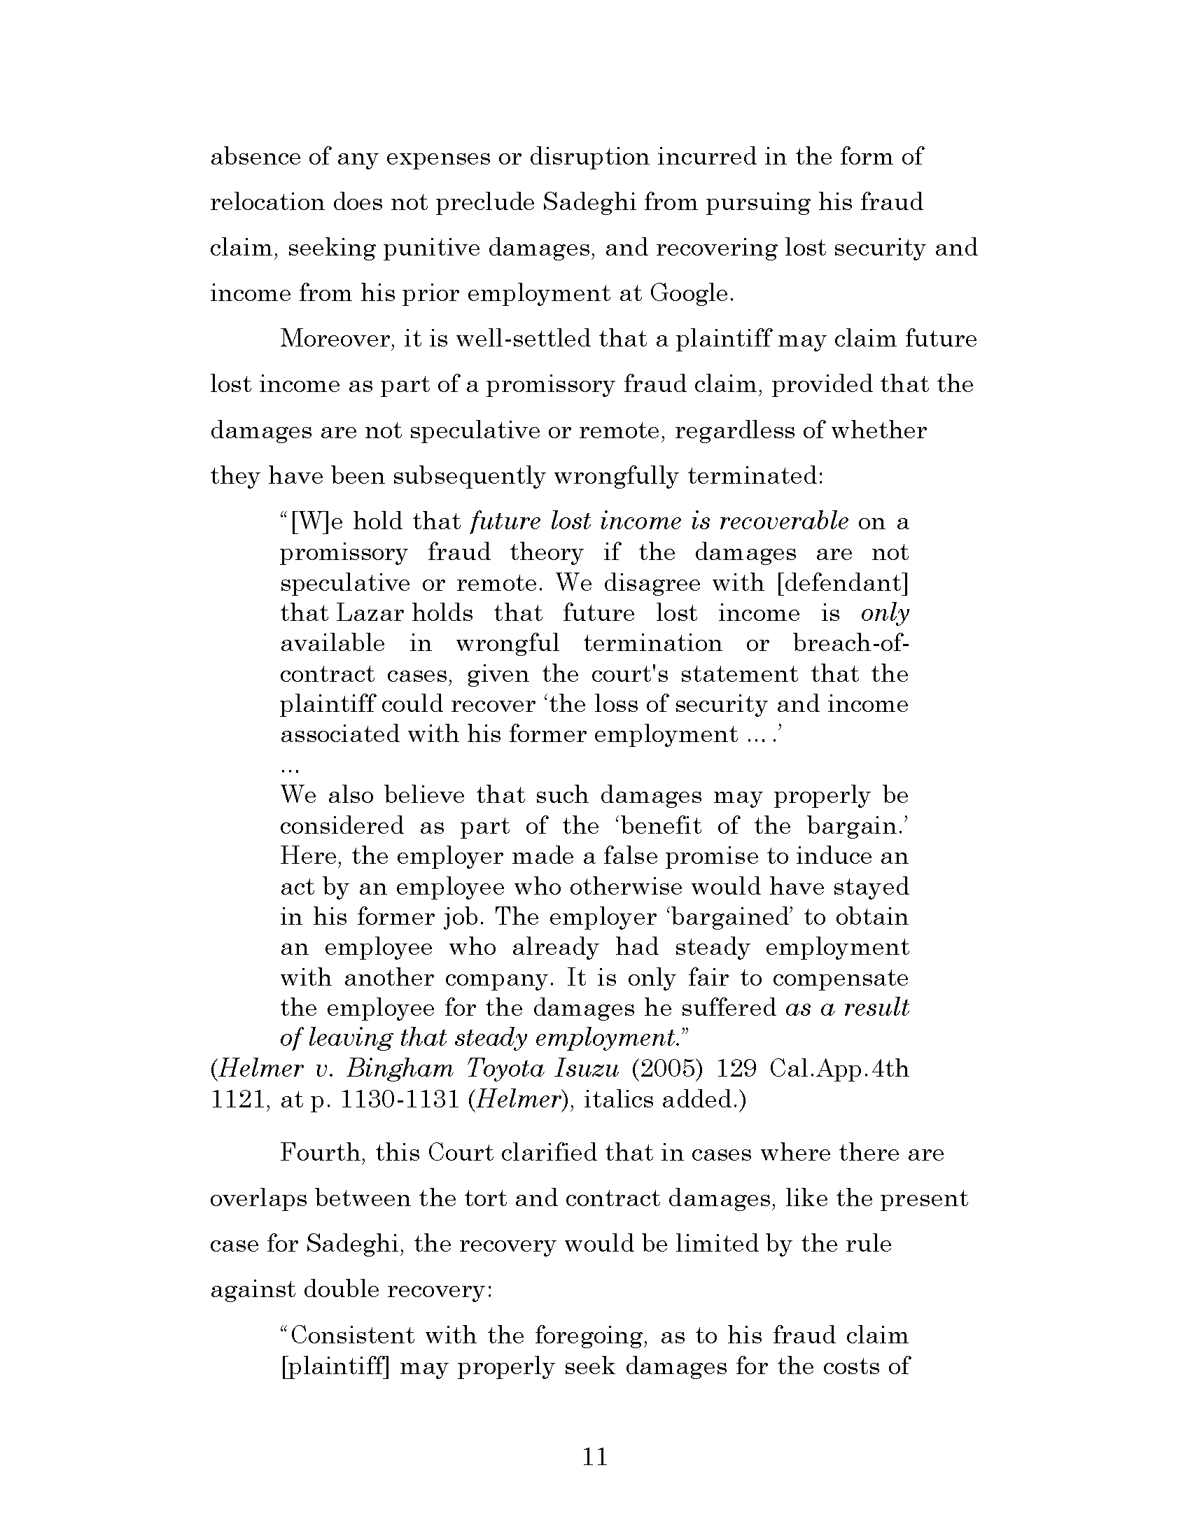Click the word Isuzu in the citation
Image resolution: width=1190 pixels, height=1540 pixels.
pyautogui.click(x=587, y=1070)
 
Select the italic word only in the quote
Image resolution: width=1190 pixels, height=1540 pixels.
pyautogui.click(x=885, y=613)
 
